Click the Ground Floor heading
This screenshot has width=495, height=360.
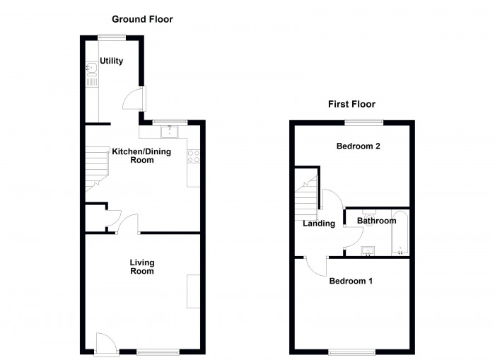(141, 19)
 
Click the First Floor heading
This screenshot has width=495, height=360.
(350, 104)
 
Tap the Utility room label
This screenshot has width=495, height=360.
(111, 62)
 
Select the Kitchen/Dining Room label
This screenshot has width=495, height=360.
(132, 156)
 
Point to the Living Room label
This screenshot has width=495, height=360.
(141, 267)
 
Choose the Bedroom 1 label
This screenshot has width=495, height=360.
(351, 281)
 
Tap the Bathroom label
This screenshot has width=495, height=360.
(376, 221)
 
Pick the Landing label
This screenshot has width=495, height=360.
(319, 224)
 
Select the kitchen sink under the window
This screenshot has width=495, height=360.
(170, 131)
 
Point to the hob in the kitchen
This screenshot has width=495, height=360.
(193, 157)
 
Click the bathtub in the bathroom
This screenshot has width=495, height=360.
(400, 233)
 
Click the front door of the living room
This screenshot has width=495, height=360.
(104, 344)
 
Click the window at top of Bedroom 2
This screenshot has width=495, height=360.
(364, 122)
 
